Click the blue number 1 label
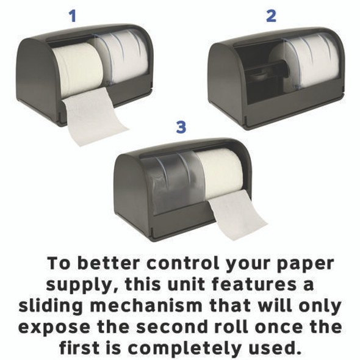[73, 16]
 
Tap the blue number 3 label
[181, 127]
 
